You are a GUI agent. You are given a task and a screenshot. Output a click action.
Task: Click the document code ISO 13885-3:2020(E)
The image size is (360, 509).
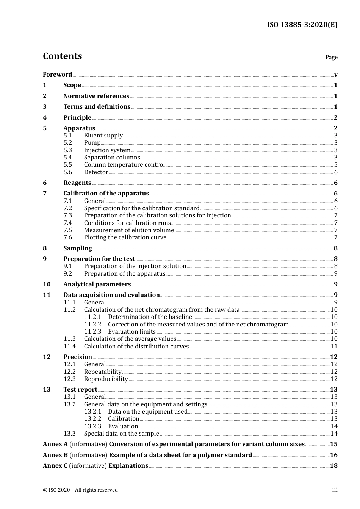pyautogui.click(x=302, y=25)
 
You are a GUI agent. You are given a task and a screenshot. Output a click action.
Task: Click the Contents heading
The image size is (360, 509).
pyautogui.click(x=62, y=56)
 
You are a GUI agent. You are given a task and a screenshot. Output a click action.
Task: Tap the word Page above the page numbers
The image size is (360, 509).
pyautogui.click(x=331, y=57)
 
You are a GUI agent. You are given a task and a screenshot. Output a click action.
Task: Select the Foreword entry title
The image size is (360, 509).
pyautogui.click(x=57, y=74)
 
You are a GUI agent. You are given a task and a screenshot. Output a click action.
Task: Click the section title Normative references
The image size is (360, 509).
pyautogui.click(x=96, y=96)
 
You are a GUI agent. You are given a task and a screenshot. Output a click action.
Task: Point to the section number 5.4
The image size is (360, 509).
pyautogui.click(x=67, y=157)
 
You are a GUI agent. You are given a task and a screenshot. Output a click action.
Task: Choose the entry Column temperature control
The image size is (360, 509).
pyautogui.click(x=124, y=165)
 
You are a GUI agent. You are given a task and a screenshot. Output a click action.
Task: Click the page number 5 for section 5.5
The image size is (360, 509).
pyautogui.click(x=336, y=165)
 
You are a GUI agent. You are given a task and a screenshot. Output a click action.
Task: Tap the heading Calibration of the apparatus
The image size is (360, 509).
pyautogui.click(x=106, y=194)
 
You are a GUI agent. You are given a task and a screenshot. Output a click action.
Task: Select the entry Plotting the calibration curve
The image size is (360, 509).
pyautogui.click(x=125, y=237)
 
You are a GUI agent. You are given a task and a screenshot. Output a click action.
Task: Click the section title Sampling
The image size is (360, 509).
pyautogui.click(x=77, y=248)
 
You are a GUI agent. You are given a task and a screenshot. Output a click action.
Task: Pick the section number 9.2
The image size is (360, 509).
pyautogui.click(x=67, y=273)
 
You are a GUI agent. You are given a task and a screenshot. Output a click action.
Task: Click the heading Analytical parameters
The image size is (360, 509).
pyautogui.click(x=97, y=284)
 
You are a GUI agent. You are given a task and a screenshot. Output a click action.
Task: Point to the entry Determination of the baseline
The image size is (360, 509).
pyautogui.click(x=150, y=317)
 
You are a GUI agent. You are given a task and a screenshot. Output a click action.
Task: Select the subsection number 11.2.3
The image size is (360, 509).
pyautogui.click(x=92, y=331)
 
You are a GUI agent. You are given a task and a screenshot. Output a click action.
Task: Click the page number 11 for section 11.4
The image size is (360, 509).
pyautogui.click(x=334, y=346)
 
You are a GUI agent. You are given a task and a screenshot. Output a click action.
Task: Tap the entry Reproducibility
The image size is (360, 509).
pyautogui.click(x=106, y=379)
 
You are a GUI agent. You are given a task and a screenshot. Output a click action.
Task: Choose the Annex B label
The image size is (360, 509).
pyautogui.click(x=55, y=455)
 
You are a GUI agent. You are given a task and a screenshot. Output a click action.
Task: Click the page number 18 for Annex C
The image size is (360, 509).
pyautogui.click(x=334, y=466)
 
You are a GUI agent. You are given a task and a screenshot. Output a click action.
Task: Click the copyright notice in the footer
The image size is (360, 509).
pyautogui.click(x=80, y=490)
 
